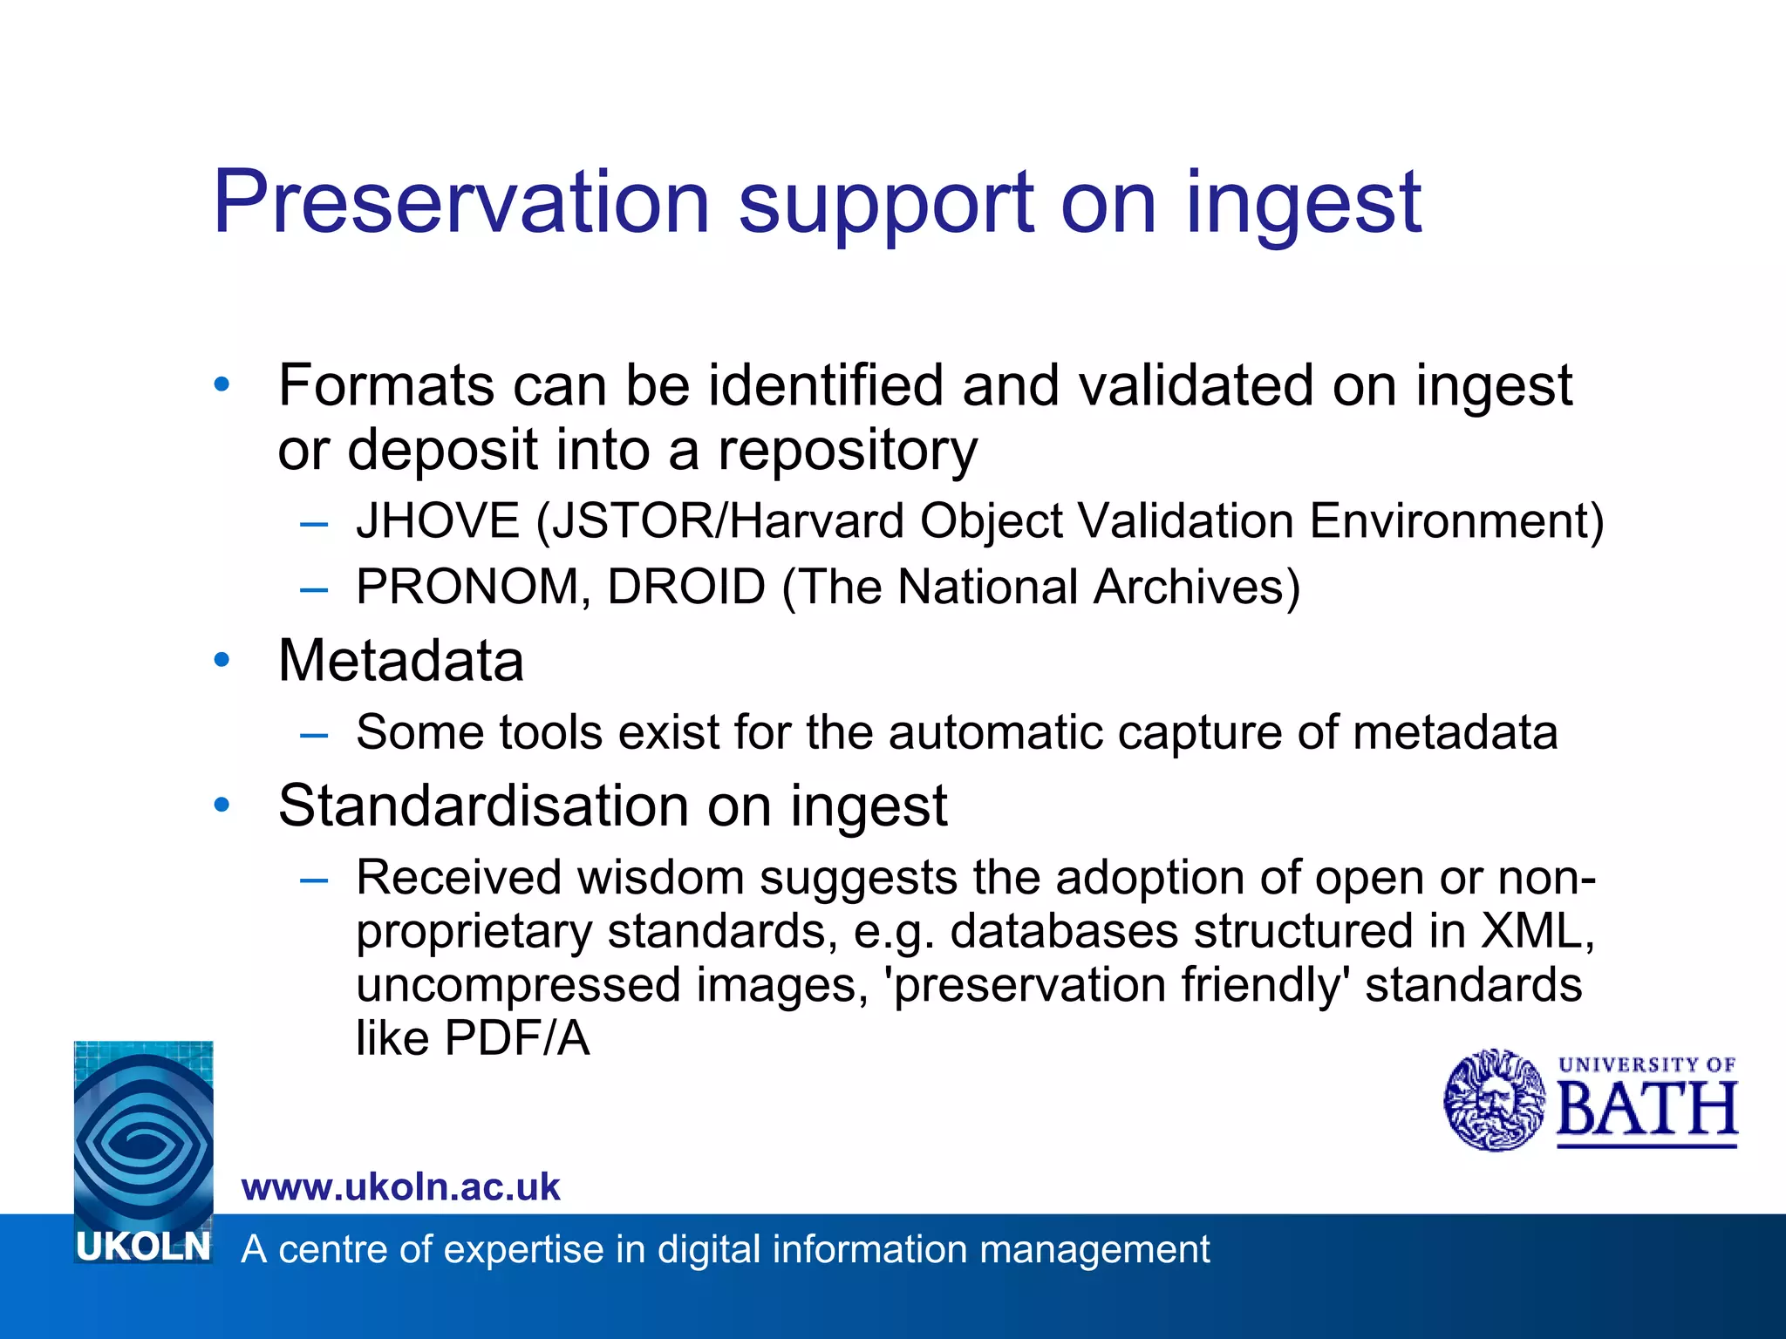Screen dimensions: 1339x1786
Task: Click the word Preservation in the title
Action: pos(461,202)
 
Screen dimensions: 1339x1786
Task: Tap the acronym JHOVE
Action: pos(438,521)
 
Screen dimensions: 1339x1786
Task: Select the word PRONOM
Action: pos(467,587)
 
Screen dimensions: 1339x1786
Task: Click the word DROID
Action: pos(685,587)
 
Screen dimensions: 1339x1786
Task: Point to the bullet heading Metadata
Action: pos(400,660)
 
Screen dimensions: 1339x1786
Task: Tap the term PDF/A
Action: pos(516,1038)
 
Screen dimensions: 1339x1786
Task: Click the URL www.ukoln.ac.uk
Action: pos(400,1187)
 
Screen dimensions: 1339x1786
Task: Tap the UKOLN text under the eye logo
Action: pos(143,1247)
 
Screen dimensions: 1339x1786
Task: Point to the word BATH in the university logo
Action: pos(1646,1111)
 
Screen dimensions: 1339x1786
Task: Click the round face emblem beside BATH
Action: pos(1494,1100)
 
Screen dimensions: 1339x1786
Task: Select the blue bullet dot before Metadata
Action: pos(222,660)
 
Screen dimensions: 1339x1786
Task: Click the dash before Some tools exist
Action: pos(313,734)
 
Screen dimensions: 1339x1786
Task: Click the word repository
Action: pos(847,450)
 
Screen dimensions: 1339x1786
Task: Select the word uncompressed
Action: pos(517,985)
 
